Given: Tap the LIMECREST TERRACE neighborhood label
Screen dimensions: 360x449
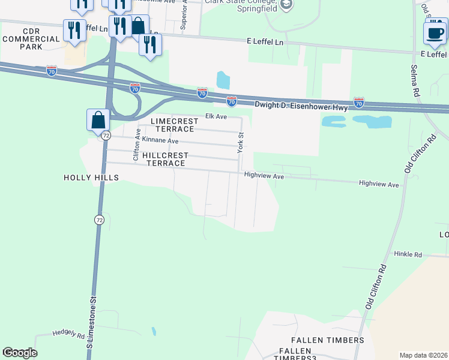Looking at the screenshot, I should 173,125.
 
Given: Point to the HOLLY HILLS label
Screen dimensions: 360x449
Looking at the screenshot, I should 91,178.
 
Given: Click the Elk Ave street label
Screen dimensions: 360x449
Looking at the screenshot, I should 216,116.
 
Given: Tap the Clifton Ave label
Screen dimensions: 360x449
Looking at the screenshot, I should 137,144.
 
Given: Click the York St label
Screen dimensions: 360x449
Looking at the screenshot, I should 240,143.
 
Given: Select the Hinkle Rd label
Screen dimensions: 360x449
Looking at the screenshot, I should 408,254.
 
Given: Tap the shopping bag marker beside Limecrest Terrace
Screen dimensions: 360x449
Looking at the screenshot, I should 98,120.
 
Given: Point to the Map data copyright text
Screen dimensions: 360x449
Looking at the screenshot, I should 423,355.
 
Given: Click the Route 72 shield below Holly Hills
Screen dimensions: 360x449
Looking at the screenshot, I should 99,220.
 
